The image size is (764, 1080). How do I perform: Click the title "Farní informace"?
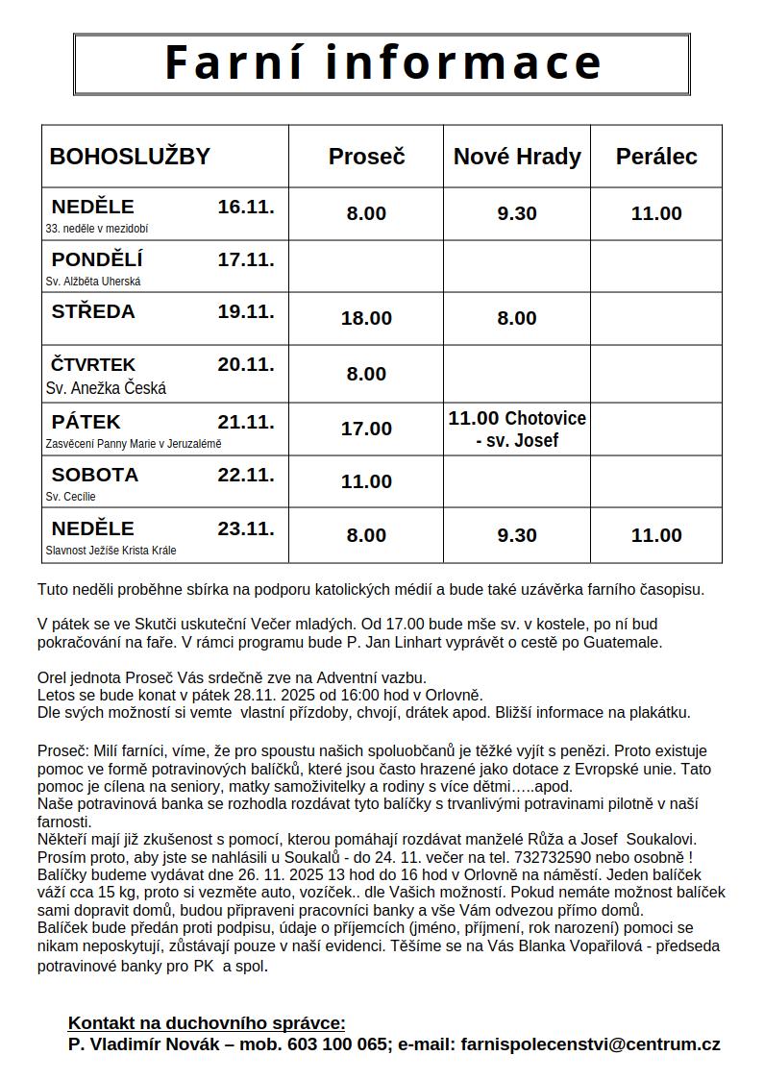tap(382, 62)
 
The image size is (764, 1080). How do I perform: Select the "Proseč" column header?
tap(366, 157)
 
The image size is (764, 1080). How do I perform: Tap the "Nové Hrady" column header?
tap(517, 157)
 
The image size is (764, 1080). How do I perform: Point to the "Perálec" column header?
tap(656, 157)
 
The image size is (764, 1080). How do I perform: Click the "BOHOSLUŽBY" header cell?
tap(130, 157)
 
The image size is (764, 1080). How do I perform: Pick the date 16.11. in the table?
tap(246, 207)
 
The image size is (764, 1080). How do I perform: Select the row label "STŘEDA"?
tap(93, 311)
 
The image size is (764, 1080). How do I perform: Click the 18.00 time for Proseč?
tap(366, 318)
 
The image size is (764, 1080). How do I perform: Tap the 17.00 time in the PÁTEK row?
tap(366, 429)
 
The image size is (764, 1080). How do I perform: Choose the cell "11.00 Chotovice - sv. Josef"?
tap(517, 430)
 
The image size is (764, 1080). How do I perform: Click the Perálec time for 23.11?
tap(656, 535)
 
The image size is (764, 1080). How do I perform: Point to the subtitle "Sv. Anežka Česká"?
tap(106, 388)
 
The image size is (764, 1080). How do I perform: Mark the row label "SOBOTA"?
tap(95, 475)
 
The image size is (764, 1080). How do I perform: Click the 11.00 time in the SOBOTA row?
tap(366, 481)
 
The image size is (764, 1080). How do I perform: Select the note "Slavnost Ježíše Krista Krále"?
tap(111, 551)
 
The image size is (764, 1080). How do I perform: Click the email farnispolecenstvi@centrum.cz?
tap(591, 1044)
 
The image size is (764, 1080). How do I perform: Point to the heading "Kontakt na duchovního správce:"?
tap(207, 1023)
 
